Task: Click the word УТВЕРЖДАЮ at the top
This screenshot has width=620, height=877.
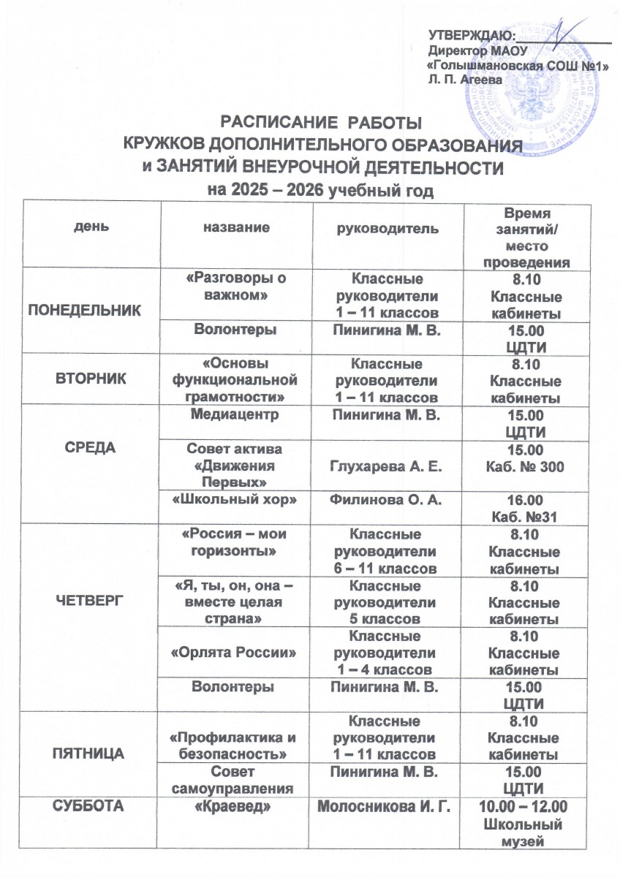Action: (x=470, y=34)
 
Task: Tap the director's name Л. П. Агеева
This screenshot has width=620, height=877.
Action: (x=464, y=78)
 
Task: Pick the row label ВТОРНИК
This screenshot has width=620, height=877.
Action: (x=93, y=379)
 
